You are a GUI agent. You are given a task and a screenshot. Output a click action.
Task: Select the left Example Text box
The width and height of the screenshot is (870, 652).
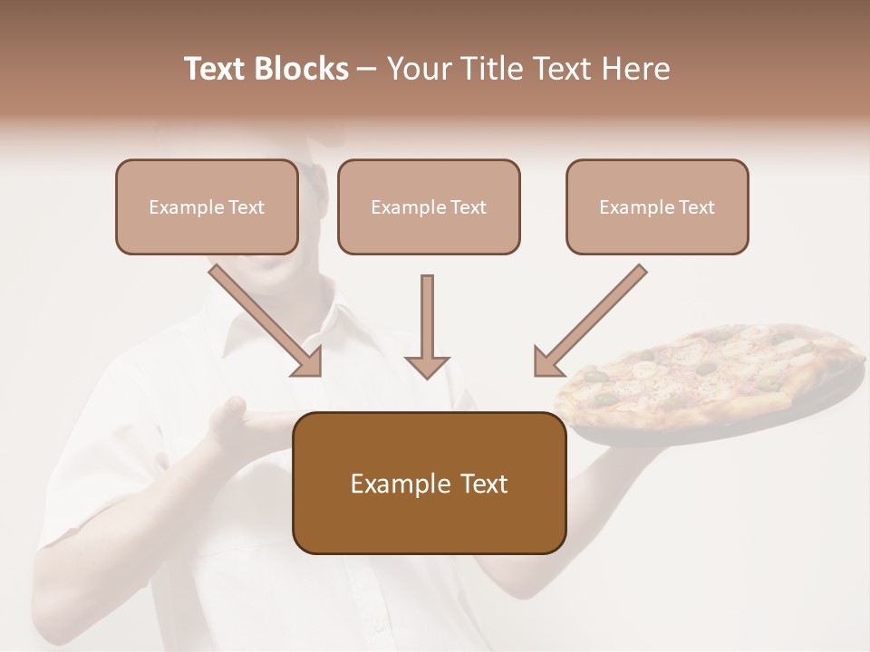(x=207, y=207)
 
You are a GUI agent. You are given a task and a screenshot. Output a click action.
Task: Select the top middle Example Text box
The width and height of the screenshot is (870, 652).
(x=429, y=207)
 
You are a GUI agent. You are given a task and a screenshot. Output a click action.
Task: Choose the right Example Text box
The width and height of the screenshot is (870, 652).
(x=657, y=207)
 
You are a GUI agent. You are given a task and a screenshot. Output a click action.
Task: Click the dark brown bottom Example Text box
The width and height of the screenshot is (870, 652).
(x=429, y=484)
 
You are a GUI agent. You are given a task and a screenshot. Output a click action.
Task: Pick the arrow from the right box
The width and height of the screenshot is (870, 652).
(x=588, y=321)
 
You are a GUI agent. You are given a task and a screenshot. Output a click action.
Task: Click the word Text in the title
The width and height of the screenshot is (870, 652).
(x=217, y=69)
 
